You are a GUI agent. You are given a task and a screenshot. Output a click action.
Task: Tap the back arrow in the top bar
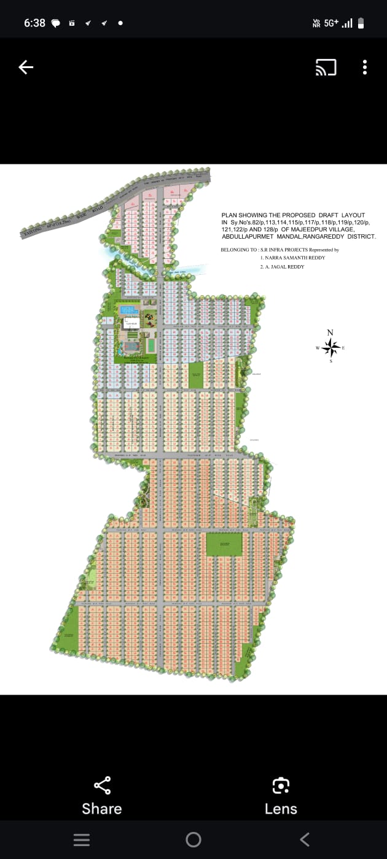point(26,67)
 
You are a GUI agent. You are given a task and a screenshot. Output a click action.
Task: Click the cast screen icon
point(326,67)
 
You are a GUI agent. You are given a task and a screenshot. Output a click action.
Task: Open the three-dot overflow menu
point(365,67)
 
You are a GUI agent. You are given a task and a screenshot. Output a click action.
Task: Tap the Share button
point(102,795)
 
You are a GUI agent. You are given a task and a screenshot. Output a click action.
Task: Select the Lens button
point(281,795)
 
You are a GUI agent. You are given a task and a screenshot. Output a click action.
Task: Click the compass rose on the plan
point(330,348)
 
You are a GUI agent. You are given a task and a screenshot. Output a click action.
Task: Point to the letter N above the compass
point(330,333)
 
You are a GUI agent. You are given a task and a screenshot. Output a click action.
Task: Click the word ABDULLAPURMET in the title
point(247,236)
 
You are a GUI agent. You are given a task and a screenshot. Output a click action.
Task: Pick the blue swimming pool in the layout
point(128,310)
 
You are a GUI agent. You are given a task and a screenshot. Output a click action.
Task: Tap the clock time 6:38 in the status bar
point(34,23)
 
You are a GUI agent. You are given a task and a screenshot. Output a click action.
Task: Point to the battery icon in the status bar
point(361,23)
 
